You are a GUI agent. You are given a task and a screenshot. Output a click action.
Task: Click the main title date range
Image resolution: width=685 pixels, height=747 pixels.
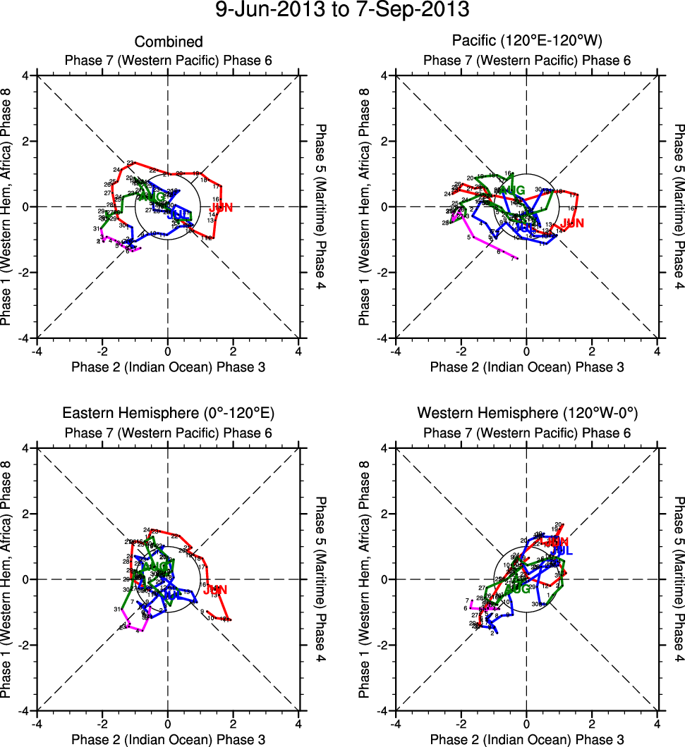[342, 11]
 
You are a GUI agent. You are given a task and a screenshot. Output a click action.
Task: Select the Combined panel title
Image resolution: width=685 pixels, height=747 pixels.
[169, 42]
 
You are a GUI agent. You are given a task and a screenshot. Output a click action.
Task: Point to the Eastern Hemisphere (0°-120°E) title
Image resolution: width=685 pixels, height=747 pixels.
[168, 413]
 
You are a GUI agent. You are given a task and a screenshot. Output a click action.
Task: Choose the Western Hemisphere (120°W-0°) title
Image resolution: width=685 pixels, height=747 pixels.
[527, 413]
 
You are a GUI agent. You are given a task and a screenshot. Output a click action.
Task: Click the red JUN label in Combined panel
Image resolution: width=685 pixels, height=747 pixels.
[221, 207]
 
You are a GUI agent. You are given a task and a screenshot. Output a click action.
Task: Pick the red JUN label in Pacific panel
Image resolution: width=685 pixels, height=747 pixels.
[572, 223]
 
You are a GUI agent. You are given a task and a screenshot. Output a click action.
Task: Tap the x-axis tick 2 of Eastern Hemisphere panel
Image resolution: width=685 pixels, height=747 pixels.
[234, 723]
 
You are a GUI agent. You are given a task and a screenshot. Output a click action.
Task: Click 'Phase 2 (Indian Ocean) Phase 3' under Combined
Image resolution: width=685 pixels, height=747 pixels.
[169, 366]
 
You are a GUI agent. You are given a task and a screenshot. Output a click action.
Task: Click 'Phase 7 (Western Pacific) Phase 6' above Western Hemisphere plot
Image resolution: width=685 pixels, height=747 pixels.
[527, 432]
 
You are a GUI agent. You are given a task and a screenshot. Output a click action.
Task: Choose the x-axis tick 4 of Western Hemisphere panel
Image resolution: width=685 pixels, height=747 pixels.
[657, 723]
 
